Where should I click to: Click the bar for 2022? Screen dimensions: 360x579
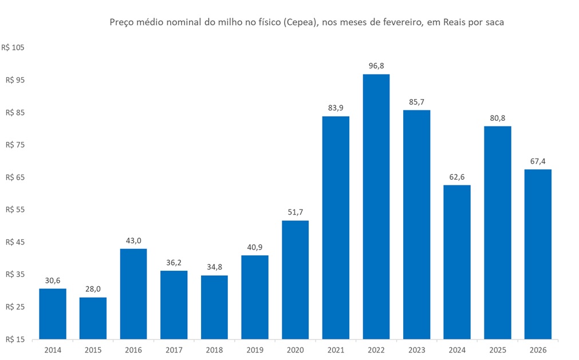(376, 207)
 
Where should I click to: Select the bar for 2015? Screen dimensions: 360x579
(93, 318)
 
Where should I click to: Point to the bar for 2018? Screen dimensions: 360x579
(214, 307)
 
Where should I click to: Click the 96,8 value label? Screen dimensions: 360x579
(376, 66)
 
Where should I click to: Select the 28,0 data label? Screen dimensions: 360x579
(93, 289)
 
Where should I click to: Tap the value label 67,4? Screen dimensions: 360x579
(538, 161)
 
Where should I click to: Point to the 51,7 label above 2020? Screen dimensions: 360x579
(296, 212)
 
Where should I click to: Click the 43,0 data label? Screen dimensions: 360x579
(133, 240)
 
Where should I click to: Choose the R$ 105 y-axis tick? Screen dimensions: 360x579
(14, 48)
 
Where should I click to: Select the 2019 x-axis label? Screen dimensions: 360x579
(255, 350)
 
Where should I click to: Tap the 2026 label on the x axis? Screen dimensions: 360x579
(538, 350)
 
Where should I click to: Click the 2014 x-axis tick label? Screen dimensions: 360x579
(53, 350)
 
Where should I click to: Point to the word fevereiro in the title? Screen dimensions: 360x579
(395, 23)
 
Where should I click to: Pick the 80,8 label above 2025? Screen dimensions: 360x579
(498, 118)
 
